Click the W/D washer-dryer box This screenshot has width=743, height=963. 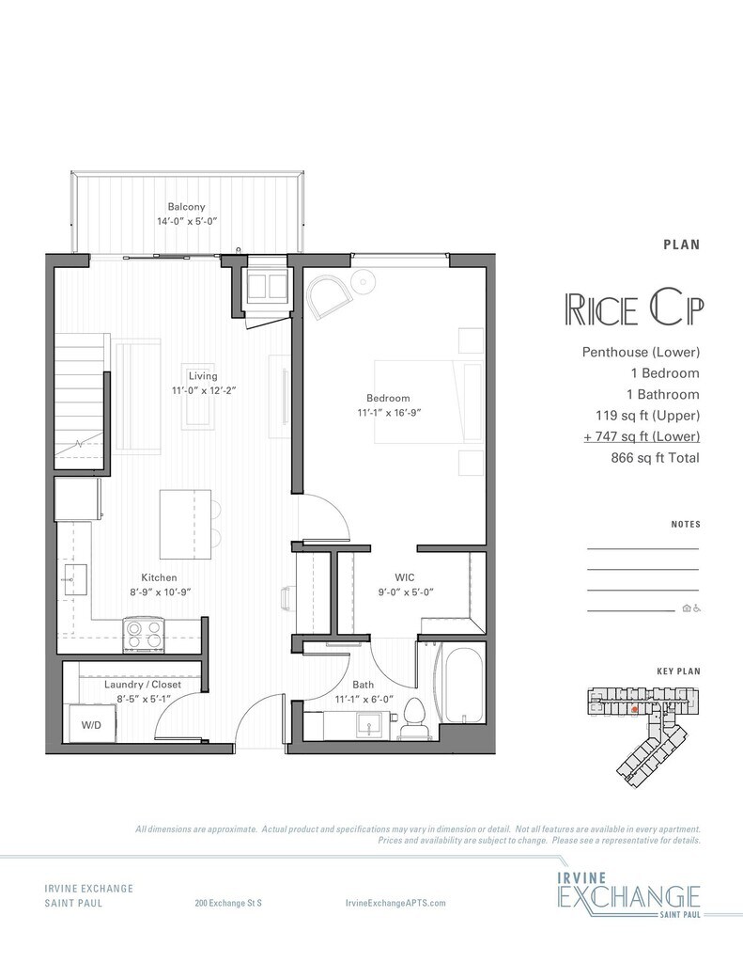pos(91,725)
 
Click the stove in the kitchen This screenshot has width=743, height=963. pos(145,635)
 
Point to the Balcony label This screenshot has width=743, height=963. pos(187,207)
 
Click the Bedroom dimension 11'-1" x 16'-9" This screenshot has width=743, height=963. pos(388,413)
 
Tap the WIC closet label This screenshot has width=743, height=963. pos(404,577)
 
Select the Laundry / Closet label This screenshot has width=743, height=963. pos(143,685)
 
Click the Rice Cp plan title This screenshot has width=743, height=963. pos(634,310)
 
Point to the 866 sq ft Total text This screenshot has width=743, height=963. pos(655,458)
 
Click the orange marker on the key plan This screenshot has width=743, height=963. pos(634,709)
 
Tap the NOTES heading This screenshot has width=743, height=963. pos(686,524)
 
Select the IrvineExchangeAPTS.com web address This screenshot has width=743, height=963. pos(395,903)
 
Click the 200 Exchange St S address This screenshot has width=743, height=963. pos(228,903)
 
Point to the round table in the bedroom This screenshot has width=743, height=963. pos(364,282)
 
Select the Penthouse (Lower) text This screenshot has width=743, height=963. pos(641,352)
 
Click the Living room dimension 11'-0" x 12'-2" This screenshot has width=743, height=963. pos(204,390)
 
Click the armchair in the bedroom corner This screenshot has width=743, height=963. pos(328,296)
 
